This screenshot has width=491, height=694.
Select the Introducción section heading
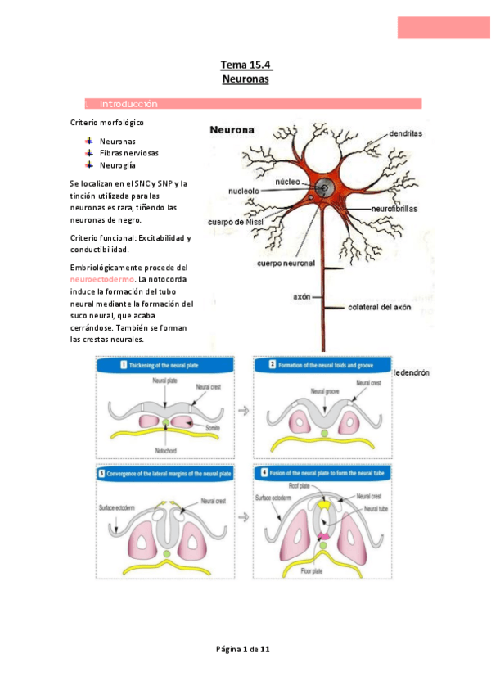click(x=128, y=105)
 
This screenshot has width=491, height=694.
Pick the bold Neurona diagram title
click(x=232, y=129)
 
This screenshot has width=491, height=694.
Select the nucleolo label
click(x=244, y=191)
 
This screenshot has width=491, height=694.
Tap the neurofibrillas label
click(x=394, y=209)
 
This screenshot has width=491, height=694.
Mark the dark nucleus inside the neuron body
click(x=324, y=187)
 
